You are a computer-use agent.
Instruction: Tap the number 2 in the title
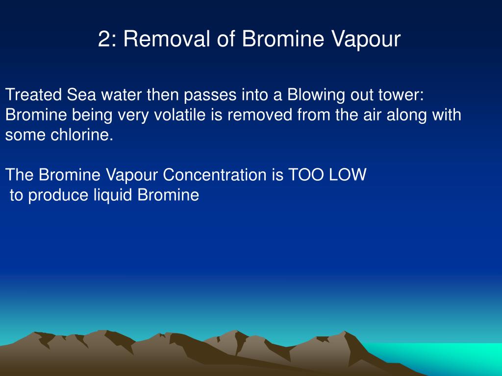[x=103, y=40]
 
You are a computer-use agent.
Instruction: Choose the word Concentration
[x=214, y=175]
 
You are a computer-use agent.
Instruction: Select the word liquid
[x=110, y=195]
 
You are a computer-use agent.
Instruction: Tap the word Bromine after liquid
[x=168, y=195]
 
